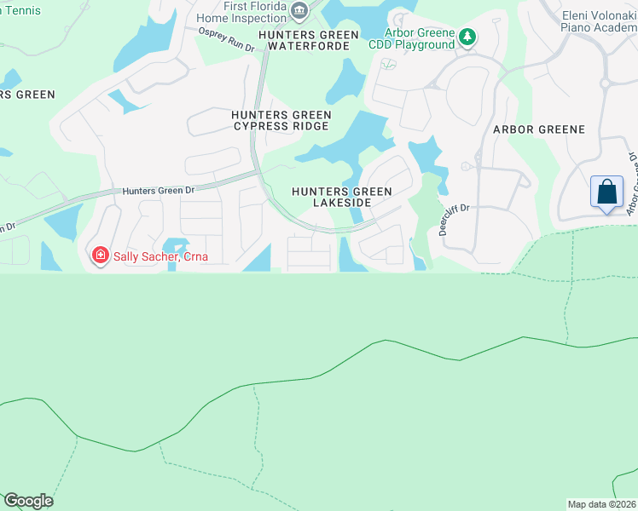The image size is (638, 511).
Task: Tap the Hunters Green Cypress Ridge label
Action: tap(281, 120)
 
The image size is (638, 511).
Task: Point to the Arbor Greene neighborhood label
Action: tap(539, 129)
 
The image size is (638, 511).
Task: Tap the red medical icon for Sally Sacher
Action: tap(100, 255)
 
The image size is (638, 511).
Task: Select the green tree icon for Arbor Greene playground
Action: tap(467, 37)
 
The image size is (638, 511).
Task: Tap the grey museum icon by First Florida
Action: tap(299, 11)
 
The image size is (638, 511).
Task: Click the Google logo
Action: tap(28, 501)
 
